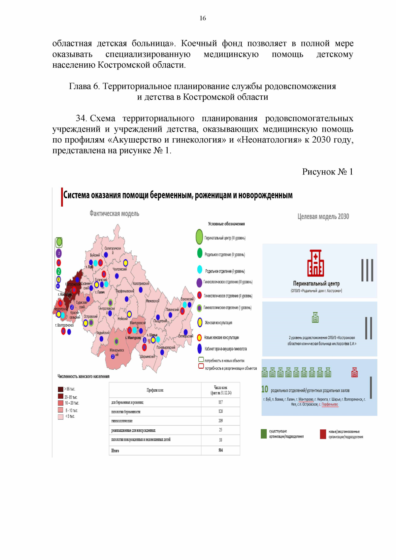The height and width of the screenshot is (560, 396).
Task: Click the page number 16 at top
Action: click(203, 18)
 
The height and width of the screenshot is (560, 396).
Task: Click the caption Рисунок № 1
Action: click(327, 172)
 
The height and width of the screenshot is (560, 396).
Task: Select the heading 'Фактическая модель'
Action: click(114, 214)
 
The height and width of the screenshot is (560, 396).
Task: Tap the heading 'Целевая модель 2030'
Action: click(323, 216)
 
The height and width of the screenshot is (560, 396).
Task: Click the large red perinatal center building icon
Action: click(315, 263)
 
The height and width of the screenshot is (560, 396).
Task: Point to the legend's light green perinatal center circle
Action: click(199, 237)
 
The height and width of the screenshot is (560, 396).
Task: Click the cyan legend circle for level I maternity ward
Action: click(200, 269)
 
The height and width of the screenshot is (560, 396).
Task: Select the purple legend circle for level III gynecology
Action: click(199, 282)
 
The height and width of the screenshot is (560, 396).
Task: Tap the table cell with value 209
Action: click(220, 421)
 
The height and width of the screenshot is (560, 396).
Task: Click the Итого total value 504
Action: click(220, 450)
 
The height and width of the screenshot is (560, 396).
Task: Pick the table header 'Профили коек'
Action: click(155, 390)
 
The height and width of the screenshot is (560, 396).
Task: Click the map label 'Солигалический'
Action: click(113, 250)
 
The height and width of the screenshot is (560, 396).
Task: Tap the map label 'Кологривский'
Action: click(141, 283)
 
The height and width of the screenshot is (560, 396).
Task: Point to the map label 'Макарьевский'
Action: click(117, 352)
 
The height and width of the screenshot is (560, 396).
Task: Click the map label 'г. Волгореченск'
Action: click(64, 325)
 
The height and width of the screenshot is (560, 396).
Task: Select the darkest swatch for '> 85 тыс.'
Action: click(60, 389)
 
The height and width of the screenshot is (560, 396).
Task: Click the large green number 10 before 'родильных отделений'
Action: click(265, 389)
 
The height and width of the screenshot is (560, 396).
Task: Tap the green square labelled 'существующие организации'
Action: click(264, 434)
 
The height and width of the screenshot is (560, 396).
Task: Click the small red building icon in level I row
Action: click(354, 372)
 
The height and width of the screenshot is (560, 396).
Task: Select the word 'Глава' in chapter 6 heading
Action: click(80, 86)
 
